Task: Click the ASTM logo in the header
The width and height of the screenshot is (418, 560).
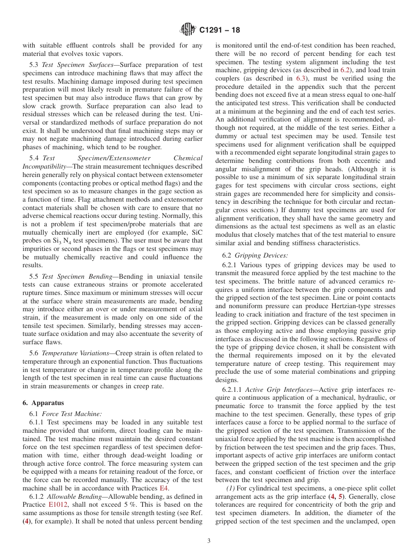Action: coord(188,30)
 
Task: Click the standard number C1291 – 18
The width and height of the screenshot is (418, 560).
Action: coord(220,30)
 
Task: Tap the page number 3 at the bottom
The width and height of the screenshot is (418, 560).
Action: coord(209,541)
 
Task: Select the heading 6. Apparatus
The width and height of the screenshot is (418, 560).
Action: coord(43,403)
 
